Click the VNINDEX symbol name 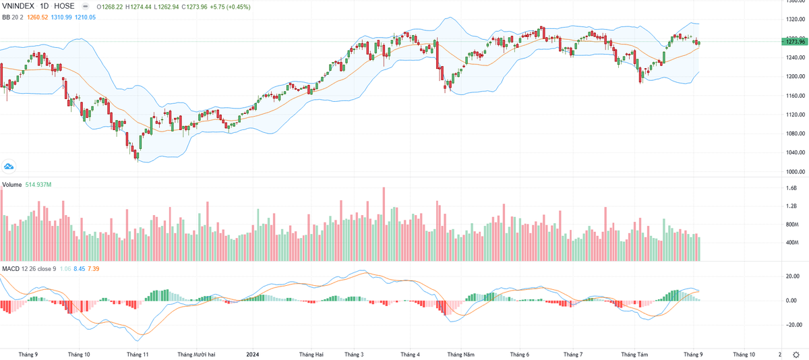click(18, 6)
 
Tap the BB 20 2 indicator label click(14, 17)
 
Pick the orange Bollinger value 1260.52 click(41, 17)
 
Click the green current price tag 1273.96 click(794, 42)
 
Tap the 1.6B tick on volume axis click(791, 188)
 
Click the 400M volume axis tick click(791, 241)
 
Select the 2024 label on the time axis click(253, 353)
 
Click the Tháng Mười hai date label click(196, 353)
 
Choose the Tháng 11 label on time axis click(137, 353)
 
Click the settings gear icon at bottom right click(796, 353)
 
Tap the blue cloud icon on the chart click(9, 166)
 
